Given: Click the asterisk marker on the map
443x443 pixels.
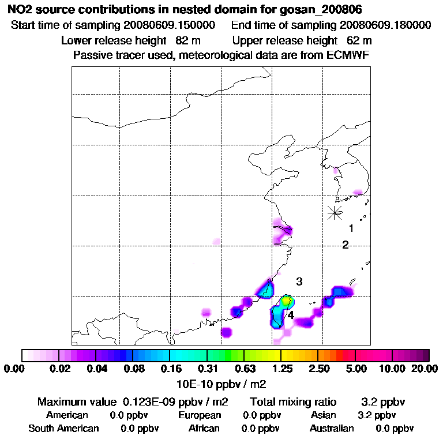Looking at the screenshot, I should pyautogui.click(x=335, y=212).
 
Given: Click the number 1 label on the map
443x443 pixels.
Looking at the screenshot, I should pyautogui.click(x=351, y=228).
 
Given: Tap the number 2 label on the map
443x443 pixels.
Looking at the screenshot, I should pyautogui.click(x=346, y=245).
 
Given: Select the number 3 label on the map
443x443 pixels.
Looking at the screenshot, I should pyautogui.click(x=299, y=281).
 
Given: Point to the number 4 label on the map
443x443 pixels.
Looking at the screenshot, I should pyautogui.click(x=291, y=316).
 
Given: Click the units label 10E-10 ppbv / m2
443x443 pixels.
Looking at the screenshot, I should pyautogui.click(x=221, y=383).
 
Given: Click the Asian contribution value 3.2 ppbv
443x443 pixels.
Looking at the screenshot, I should pyautogui.click(x=377, y=415).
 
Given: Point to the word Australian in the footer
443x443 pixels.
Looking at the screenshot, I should pyautogui.click(x=332, y=429).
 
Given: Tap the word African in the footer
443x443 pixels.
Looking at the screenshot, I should pyautogui.click(x=204, y=429).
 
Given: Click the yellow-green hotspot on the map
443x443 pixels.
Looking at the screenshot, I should pyautogui.click(x=287, y=301).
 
